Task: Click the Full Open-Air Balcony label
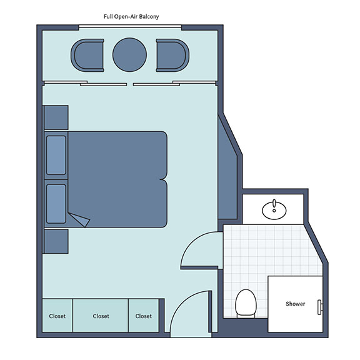coord(131,17)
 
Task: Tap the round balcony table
coord(130,54)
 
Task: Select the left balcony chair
coord(87,55)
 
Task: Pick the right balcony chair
coord(172,55)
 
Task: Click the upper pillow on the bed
coord(56,155)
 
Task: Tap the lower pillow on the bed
coord(56,204)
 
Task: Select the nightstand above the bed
coord(56,117)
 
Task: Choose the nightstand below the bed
coord(56,241)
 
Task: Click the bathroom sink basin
coord(274,209)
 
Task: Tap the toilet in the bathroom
coord(246,304)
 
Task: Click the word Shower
coord(295,304)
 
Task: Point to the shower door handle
coord(320,307)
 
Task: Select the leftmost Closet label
coord(57,316)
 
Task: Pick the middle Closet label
coord(101,316)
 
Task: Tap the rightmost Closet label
coord(144,316)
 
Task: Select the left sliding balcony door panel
coord(103,85)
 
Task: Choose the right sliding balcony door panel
coord(156,85)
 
